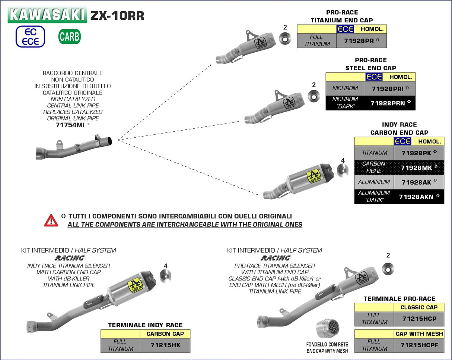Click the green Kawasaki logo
pos(47,15)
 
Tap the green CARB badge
pos(69,37)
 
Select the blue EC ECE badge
pos(30,37)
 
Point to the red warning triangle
pos(51,220)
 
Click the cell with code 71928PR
pos(361,40)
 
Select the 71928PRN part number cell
pos(390,103)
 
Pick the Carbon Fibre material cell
pos(374,167)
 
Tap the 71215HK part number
pos(165,345)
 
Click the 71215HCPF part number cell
pos(419,345)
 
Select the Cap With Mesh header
pos(419,334)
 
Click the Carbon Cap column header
pos(165,334)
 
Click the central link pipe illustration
pos(74,148)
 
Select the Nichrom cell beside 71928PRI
pos(345,88)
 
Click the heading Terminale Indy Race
pos(145,325)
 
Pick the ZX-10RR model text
pos(117,16)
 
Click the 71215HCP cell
pos(419,319)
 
